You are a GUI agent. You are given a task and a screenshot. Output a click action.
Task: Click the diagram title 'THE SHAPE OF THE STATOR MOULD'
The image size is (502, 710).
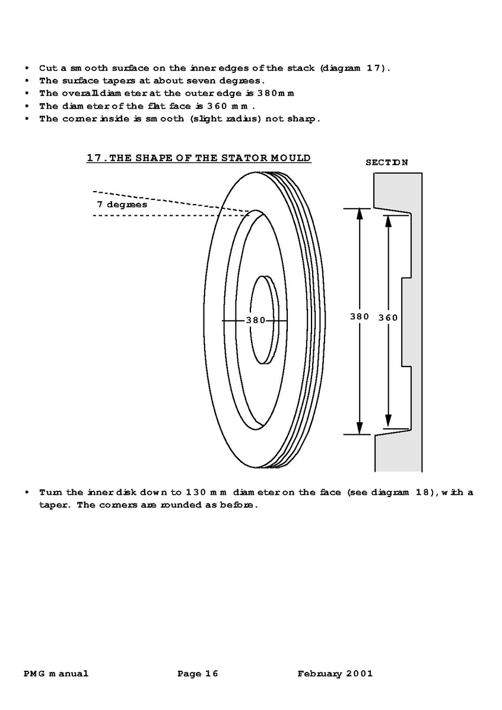(x=210, y=158)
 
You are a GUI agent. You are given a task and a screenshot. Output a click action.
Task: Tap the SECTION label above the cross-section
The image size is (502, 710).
(x=386, y=162)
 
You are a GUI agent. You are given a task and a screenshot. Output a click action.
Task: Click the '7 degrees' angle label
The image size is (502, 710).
(x=122, y=204)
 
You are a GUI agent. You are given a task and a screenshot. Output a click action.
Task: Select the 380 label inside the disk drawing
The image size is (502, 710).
(x=256, y=320)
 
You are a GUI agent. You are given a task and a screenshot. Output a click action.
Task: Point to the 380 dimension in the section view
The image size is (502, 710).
(x=359, y=316)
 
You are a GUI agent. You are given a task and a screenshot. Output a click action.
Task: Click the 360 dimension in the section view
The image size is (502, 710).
(x=388, y=317)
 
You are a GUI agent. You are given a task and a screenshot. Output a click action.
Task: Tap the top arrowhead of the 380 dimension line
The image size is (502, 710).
(x=360, y=214)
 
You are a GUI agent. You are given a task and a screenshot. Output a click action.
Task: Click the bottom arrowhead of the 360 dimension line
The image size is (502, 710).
(x=388, y=422)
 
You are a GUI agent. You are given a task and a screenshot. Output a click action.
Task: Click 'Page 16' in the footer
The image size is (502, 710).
(x=198, y=673)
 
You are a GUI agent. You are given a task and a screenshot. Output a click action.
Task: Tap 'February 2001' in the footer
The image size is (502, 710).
(x=335, y=673)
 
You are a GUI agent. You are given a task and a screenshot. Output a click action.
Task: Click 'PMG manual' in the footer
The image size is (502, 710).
(x=56, y=673)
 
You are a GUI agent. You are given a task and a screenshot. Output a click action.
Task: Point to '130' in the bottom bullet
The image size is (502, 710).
(x=196, y=492)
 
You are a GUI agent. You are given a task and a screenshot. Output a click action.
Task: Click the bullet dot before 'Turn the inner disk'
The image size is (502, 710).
(x=27, y=492)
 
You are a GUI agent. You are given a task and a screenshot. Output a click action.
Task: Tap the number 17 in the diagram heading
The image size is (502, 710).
(x=95, y=158)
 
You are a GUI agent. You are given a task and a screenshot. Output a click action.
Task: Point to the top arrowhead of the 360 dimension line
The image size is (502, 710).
(x=388, y=221)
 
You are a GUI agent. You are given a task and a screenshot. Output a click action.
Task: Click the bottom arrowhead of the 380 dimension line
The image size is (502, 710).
(x=360, y=428)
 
